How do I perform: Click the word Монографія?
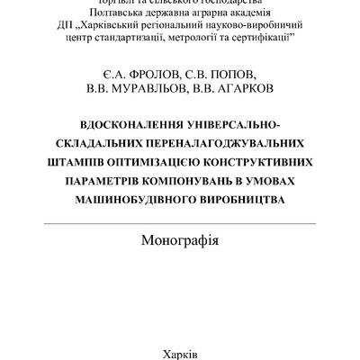[x=180, y=241]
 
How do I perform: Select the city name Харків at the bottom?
[x=180, y=353]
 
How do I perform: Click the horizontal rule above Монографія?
[x=180, y=223]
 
